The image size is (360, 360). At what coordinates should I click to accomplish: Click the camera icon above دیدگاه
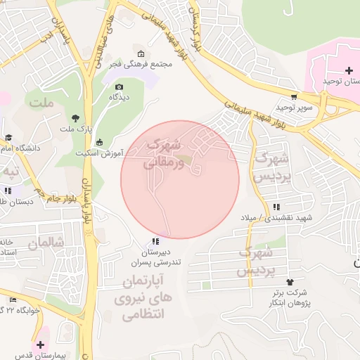pyautogui.click(x=119, y=87)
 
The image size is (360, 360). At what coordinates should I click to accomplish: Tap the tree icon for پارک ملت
pyautogui.click(x=75, y=117)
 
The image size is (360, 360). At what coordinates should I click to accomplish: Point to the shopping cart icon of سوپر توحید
pyautogui.click(x=294, y=98)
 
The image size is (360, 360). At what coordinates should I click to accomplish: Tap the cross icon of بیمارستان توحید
pyautogui.click(x=349, y=70)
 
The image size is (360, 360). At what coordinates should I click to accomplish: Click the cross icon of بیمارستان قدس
pyautogui.click(x=41, y=345)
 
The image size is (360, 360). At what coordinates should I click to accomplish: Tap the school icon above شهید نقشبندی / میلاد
pyautogui.click(x=276, y=207)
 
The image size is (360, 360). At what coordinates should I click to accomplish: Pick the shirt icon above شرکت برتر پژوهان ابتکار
pyautogui.click(x=271, y=281)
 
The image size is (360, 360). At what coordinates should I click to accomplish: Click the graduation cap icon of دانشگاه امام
pyautogui.click(x=8, y=138)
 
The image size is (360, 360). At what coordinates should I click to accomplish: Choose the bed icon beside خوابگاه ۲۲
pyautogui.click(x=12, y=300)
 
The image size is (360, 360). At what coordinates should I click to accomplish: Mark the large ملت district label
pyautogui.click(x=41, y=103)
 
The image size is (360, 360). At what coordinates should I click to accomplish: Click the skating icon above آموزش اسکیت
pyautogui.click(x=98, y=142)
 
